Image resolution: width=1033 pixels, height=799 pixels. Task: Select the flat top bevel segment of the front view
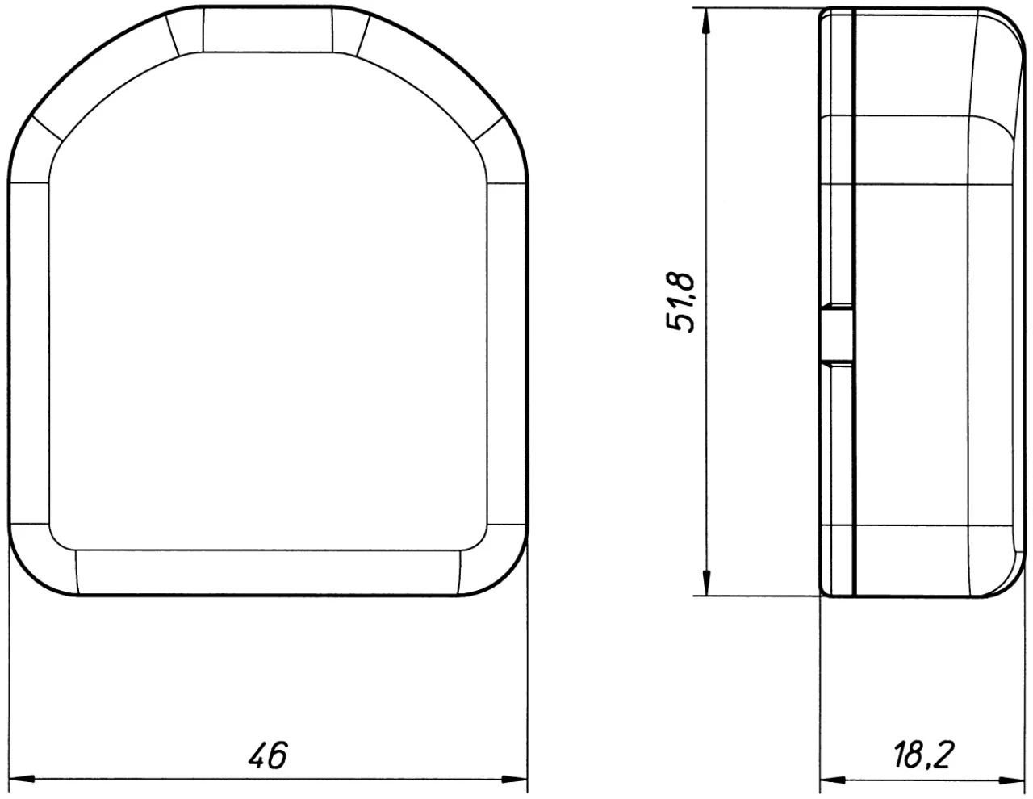[267, 31]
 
